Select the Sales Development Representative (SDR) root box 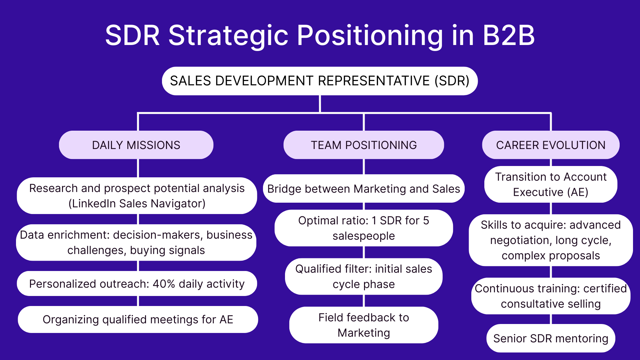coord(320,81)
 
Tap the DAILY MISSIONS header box coord(136,145)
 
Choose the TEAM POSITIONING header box coord(364,145)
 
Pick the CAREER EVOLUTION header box coord(551,145)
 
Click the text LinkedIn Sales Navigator coord(137,204)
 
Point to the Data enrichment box coord(136,242)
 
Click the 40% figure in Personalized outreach coord(164,284)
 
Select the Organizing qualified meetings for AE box coord(138,319)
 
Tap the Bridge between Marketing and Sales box coord(364,189)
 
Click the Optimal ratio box coord(364,228)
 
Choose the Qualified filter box coord(364,276)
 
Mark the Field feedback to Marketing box coord(364,325)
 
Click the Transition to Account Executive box coord(551,184)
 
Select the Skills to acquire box coord(551,240)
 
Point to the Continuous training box coord(551,296)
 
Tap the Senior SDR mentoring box coord(551,338)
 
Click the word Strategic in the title coord(228,35)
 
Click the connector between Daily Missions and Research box coord(138,168)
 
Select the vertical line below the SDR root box coord(320,104)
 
